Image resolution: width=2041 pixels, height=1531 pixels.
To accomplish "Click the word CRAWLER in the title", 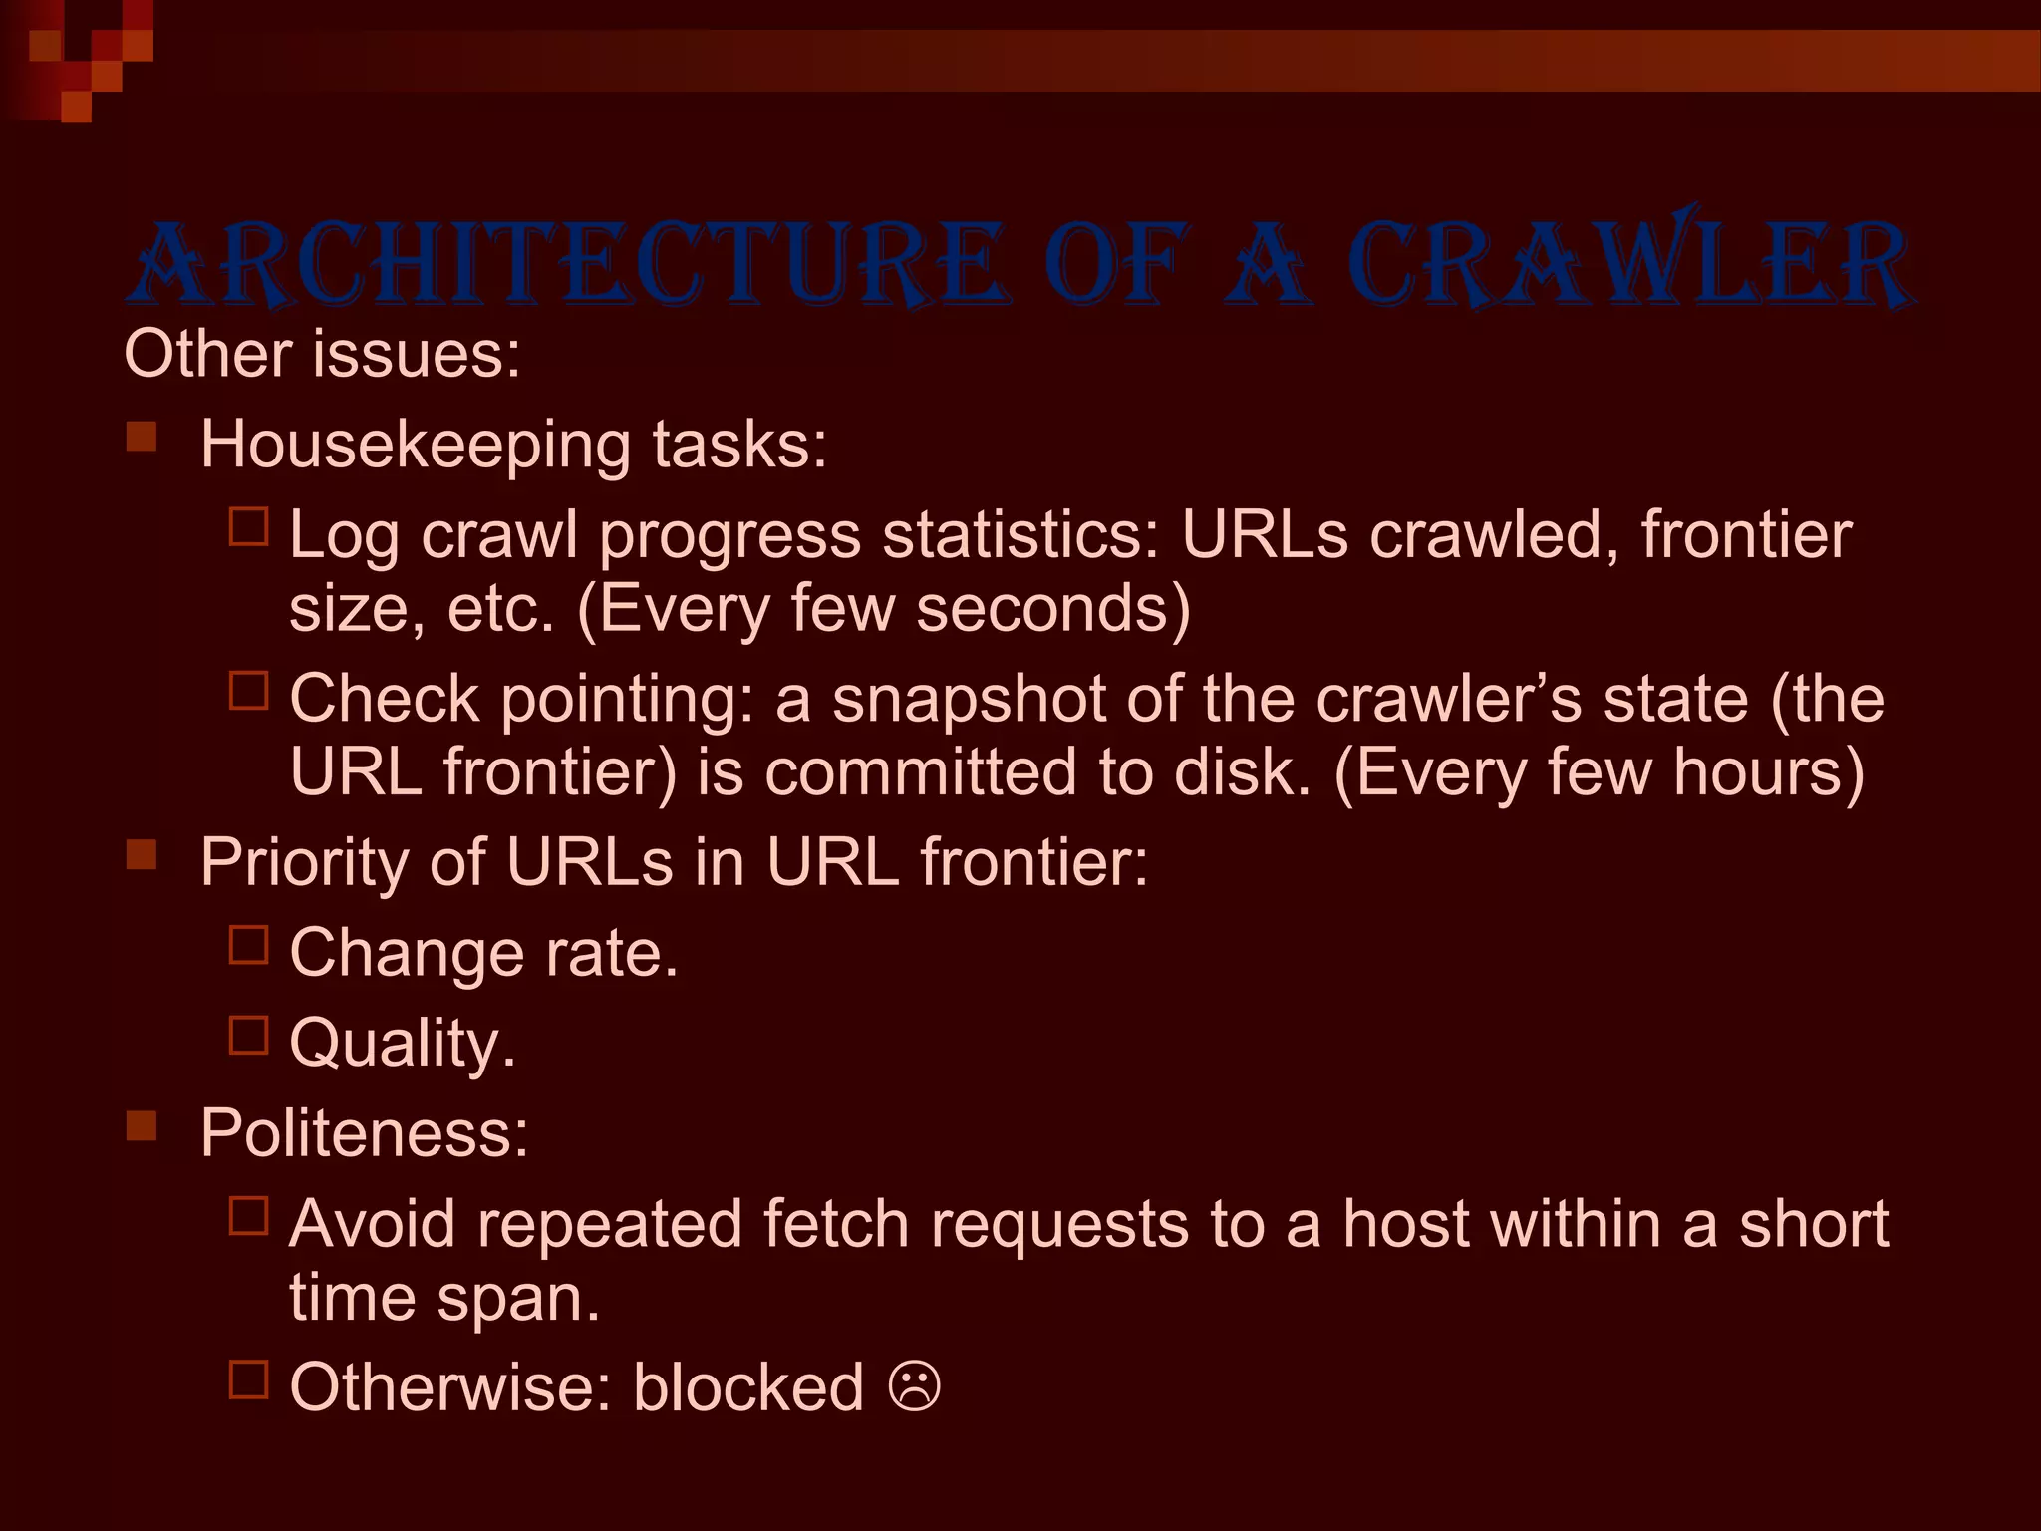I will click(x=1629, y=264).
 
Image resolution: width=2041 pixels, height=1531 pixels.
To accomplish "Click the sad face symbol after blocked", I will click(x=914, y=1386).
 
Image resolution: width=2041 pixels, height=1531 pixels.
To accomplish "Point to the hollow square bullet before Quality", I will click(x=249, y=1035).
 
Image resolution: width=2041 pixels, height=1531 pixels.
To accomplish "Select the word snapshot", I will click(x=969, y=699).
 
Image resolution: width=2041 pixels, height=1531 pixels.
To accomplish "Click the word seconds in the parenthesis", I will click(x=1052, y=608).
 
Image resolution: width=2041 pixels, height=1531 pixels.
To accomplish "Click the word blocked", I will click(x=748, y=1386).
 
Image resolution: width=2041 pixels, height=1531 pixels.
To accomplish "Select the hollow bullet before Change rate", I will click(x=249, y=944).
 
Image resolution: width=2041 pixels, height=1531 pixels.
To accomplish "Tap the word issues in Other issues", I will click(x=416, y=354).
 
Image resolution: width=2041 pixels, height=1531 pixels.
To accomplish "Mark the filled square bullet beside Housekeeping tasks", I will click(x=142, y=437).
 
